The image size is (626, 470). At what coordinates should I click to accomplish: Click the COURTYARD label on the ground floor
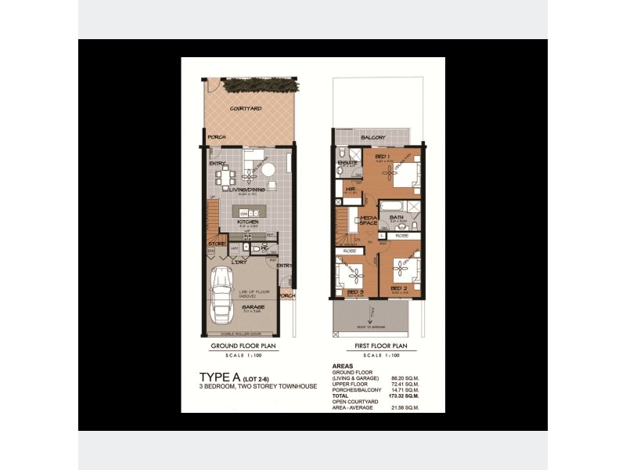tap(246, 108)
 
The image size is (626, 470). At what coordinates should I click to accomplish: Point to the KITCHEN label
tap(249, 222)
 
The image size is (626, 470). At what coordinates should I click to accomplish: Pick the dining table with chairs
tap(228, 176)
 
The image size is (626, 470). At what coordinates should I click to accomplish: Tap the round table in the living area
tap(268, 168)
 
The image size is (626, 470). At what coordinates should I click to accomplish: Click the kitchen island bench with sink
tap(250, 211)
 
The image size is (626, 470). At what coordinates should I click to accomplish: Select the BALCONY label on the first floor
tap(373, 138)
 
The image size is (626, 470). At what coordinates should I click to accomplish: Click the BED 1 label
tap(382, 157)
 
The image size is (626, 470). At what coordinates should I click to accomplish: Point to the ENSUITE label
tap(347, 163)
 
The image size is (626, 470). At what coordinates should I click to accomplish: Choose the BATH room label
tap(397, 217)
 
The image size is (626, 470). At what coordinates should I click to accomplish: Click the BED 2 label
tap(399, 288)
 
